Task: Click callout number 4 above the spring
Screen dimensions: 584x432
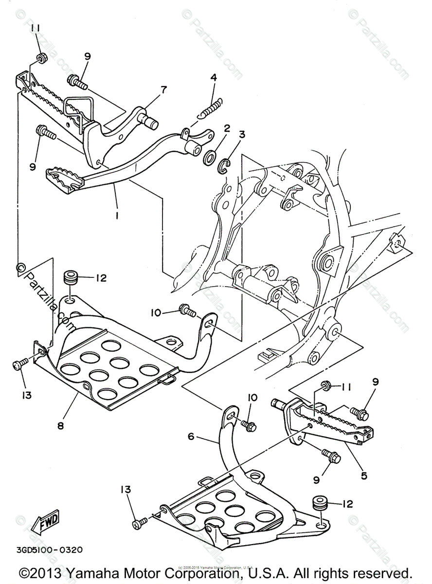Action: coord(213,78)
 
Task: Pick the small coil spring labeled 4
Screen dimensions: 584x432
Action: coord(213,108)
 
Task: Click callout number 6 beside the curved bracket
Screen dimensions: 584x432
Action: coord(191,437)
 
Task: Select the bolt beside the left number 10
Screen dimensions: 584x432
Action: coord(187,310)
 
